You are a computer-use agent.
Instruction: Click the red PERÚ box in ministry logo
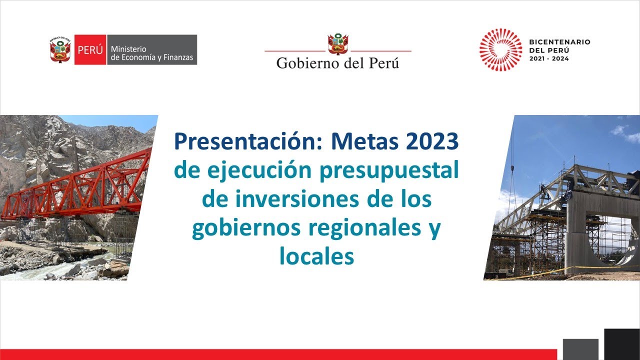[90, 49]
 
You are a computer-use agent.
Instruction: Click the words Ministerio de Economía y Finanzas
[151, 53]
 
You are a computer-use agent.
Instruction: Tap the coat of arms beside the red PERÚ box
[60, 49]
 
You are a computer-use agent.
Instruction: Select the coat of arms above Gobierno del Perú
[338, 44]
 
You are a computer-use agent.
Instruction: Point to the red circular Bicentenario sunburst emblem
[500, 49]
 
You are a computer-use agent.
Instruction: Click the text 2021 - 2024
[548, 58]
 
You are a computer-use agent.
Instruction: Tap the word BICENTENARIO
[559, 42]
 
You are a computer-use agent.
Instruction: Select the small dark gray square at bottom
[580, 349]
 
